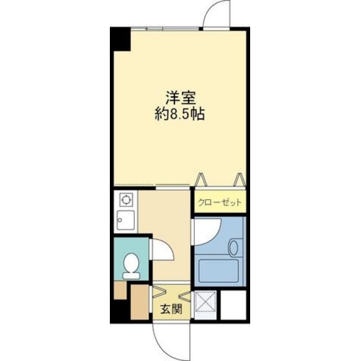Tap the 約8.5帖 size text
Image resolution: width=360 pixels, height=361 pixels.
point(180,114)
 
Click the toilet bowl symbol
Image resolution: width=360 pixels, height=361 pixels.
point(132,265)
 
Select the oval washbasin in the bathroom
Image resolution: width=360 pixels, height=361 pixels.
point(235,247)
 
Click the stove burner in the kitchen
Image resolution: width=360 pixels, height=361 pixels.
point(125,199)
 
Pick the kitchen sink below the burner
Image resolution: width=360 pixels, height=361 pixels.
point(125,220)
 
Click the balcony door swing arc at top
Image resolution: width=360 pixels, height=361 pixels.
point(217,14)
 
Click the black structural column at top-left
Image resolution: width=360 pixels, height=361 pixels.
point(119,38)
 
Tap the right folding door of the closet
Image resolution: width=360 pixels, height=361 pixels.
point(239,180)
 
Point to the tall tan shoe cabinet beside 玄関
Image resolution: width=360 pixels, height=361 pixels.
point(138,303)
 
